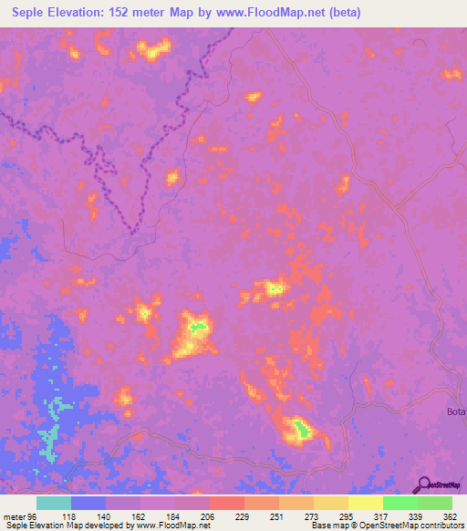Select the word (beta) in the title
(x=343, y=13)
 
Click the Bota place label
(x=456, y=411)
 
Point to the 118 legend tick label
(x=71, y=516)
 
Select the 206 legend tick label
(x=210, y=516)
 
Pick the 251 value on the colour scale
(x=279, y=516)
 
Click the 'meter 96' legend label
(x=21, y=516)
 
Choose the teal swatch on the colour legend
(x=54, y=503)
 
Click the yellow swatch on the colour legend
(x=366, y=503)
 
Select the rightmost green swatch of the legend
(x=435, y=503)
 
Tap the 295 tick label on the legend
(x=348, y=516)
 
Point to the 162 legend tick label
(x=140, y=516)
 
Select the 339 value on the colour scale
(x=418, y=516)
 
